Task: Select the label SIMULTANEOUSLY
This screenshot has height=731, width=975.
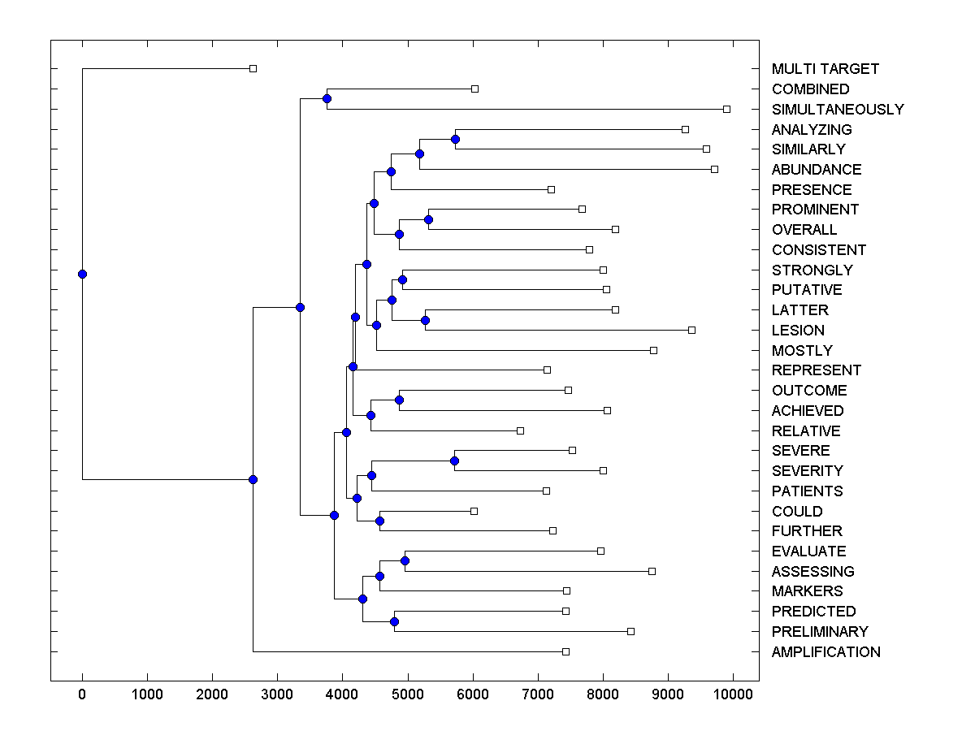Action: click(838, 110)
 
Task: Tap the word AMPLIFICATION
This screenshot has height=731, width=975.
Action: click(825, 652)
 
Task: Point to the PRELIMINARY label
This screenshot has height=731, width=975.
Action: click(820, 632)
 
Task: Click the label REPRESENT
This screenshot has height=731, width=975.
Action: click(817, 370)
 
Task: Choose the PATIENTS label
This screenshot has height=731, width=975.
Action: click(807, 491)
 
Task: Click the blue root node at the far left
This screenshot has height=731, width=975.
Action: click(82, 274)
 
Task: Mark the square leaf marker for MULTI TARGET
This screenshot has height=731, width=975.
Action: click(253, 68)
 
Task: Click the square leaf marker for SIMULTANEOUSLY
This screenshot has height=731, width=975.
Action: click(727, 109)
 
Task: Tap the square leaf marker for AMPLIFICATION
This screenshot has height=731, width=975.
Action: click(565, 651)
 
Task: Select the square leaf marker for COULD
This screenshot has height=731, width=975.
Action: click(474, 511)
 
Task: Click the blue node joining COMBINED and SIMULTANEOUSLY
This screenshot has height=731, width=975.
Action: click(327, 98)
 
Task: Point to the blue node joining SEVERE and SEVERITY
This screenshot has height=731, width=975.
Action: click(454, 461)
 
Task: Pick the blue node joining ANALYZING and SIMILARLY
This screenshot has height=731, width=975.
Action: click(455, 139)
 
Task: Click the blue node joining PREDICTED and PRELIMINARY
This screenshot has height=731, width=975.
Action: click(394, 621)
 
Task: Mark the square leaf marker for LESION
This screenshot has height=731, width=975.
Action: click(691, 330)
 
